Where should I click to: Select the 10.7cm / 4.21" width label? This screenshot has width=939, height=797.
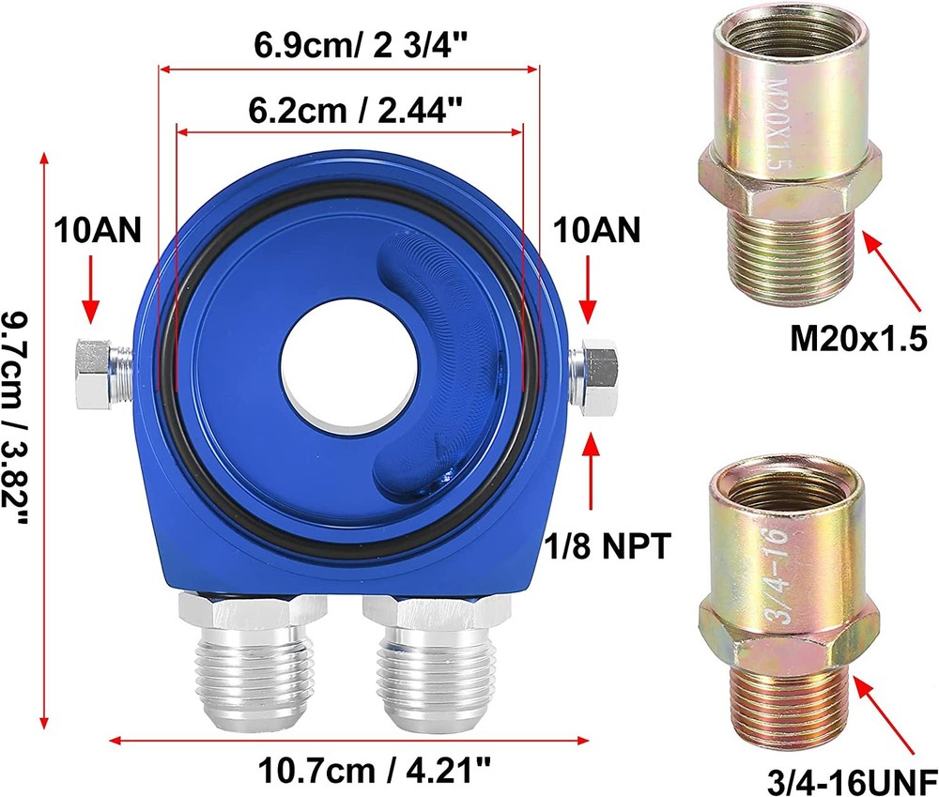(375, 770)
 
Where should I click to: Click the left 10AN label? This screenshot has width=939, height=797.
(98, 230)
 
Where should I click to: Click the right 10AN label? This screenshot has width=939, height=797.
(596, 230)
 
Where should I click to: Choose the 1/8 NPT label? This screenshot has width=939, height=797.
(608, 545)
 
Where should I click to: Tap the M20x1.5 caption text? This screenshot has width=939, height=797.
(859, 339)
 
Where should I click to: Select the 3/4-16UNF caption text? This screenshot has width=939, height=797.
(853, 781)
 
